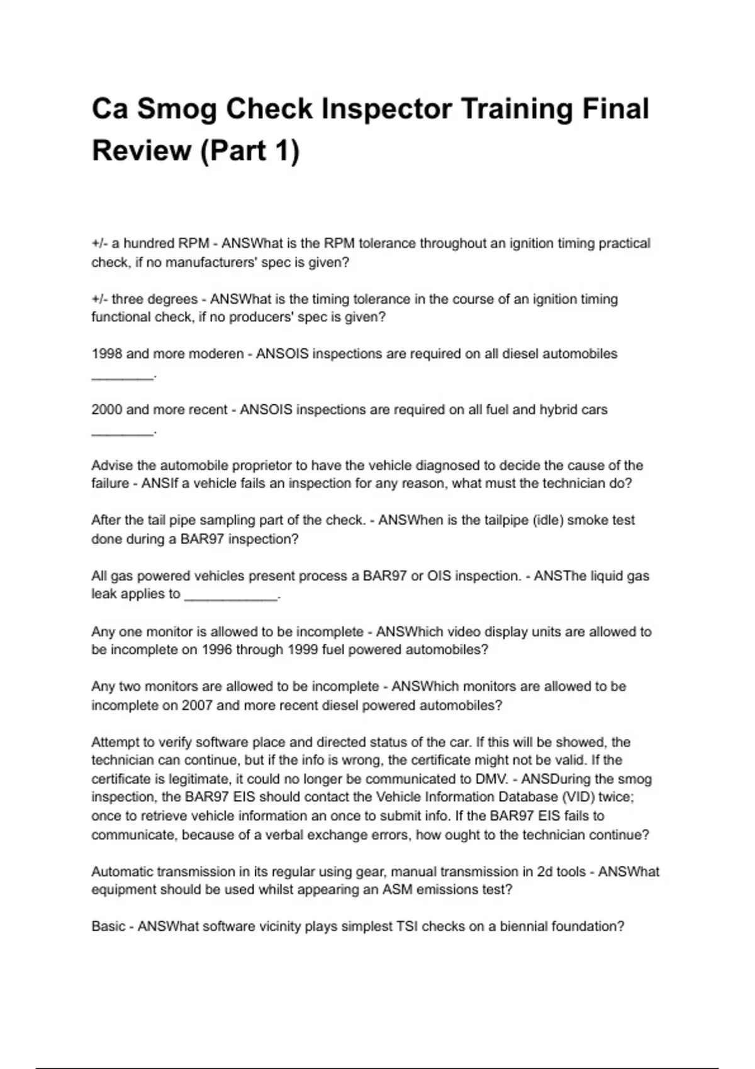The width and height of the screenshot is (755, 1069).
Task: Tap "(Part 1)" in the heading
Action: [249, 151]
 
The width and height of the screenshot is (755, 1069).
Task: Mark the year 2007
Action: [197, 706]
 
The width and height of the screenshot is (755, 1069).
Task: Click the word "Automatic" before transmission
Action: [122, 872]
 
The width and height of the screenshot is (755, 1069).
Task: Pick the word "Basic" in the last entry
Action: [108, 927]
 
